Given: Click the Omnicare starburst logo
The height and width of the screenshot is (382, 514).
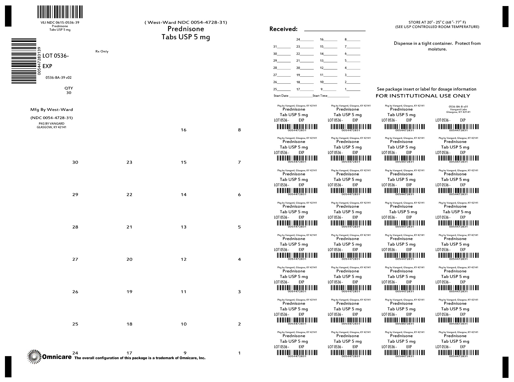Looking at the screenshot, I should (34, 357).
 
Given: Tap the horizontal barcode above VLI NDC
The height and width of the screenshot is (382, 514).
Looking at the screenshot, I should (60, 12).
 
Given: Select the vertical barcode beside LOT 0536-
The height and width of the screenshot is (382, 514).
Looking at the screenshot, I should (24, 61).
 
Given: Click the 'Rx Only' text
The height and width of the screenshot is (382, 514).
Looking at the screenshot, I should (102, 51).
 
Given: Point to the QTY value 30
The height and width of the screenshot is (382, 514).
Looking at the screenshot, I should (69, 93).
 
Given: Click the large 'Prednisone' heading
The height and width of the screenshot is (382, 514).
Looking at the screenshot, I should (186, 29).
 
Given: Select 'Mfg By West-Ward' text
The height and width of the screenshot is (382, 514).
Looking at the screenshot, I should (52, 109).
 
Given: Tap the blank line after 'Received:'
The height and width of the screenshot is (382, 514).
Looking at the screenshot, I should (335, 30).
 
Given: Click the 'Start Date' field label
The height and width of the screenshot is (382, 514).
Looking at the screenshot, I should (281, 96).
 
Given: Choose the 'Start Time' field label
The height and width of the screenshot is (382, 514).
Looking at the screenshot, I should (320, 96).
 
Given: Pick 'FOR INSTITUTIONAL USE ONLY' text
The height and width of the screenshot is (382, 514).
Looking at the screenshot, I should (423, 96).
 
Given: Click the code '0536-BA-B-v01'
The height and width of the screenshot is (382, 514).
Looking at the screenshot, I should (458, 106).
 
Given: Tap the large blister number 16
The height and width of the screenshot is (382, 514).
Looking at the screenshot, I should (183, 130).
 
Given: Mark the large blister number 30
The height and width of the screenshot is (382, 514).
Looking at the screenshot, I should (75, 162).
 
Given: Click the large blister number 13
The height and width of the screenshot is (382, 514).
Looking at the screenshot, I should (183, 227).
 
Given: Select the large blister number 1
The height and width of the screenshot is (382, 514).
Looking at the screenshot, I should (239, 353).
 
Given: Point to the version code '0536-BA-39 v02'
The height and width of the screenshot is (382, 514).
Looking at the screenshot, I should (58, 78).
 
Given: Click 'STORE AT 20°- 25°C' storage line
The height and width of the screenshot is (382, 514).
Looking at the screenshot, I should (437, 22).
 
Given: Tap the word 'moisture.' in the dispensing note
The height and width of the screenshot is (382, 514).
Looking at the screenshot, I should (437, 49).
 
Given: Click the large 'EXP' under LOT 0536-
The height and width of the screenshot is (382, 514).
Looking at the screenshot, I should (47, 66).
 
